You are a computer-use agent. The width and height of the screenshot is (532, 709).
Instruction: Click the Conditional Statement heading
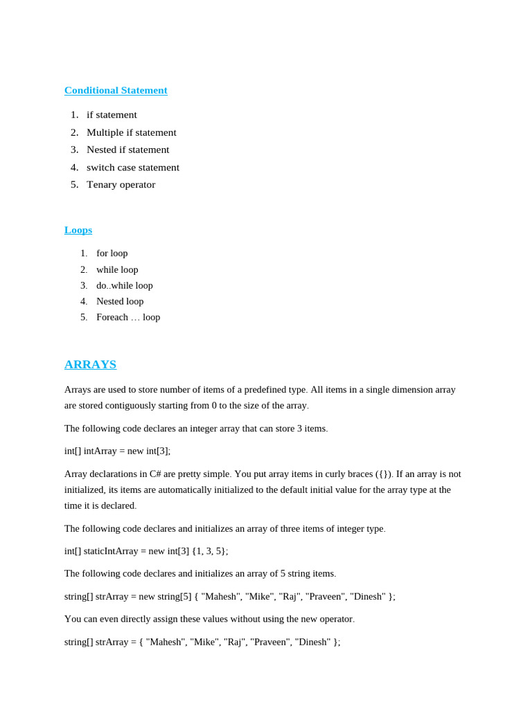(116, 90)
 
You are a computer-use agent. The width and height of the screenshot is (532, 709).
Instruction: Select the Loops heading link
(78, 230)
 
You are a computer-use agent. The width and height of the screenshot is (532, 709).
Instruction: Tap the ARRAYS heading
(90, 364)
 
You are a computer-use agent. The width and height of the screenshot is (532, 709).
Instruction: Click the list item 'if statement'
(112, 115)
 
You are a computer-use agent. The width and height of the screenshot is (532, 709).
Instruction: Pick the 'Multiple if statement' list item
(131, 132)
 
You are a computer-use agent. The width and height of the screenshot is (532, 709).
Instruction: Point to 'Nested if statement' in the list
(127, 150)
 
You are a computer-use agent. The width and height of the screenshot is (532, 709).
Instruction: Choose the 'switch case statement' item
(132, 167)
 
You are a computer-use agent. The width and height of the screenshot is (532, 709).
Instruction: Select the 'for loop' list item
(112, 253)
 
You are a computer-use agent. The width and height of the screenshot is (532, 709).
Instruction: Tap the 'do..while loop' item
(124, 285)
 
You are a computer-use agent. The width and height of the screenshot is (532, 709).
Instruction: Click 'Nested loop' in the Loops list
(120, 301)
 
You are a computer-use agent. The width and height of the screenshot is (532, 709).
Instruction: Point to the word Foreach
(112, 317)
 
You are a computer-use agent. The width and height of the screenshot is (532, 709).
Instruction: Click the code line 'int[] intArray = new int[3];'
(117, 451)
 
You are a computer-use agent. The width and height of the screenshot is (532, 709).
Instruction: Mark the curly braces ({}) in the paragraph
(384, 474)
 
